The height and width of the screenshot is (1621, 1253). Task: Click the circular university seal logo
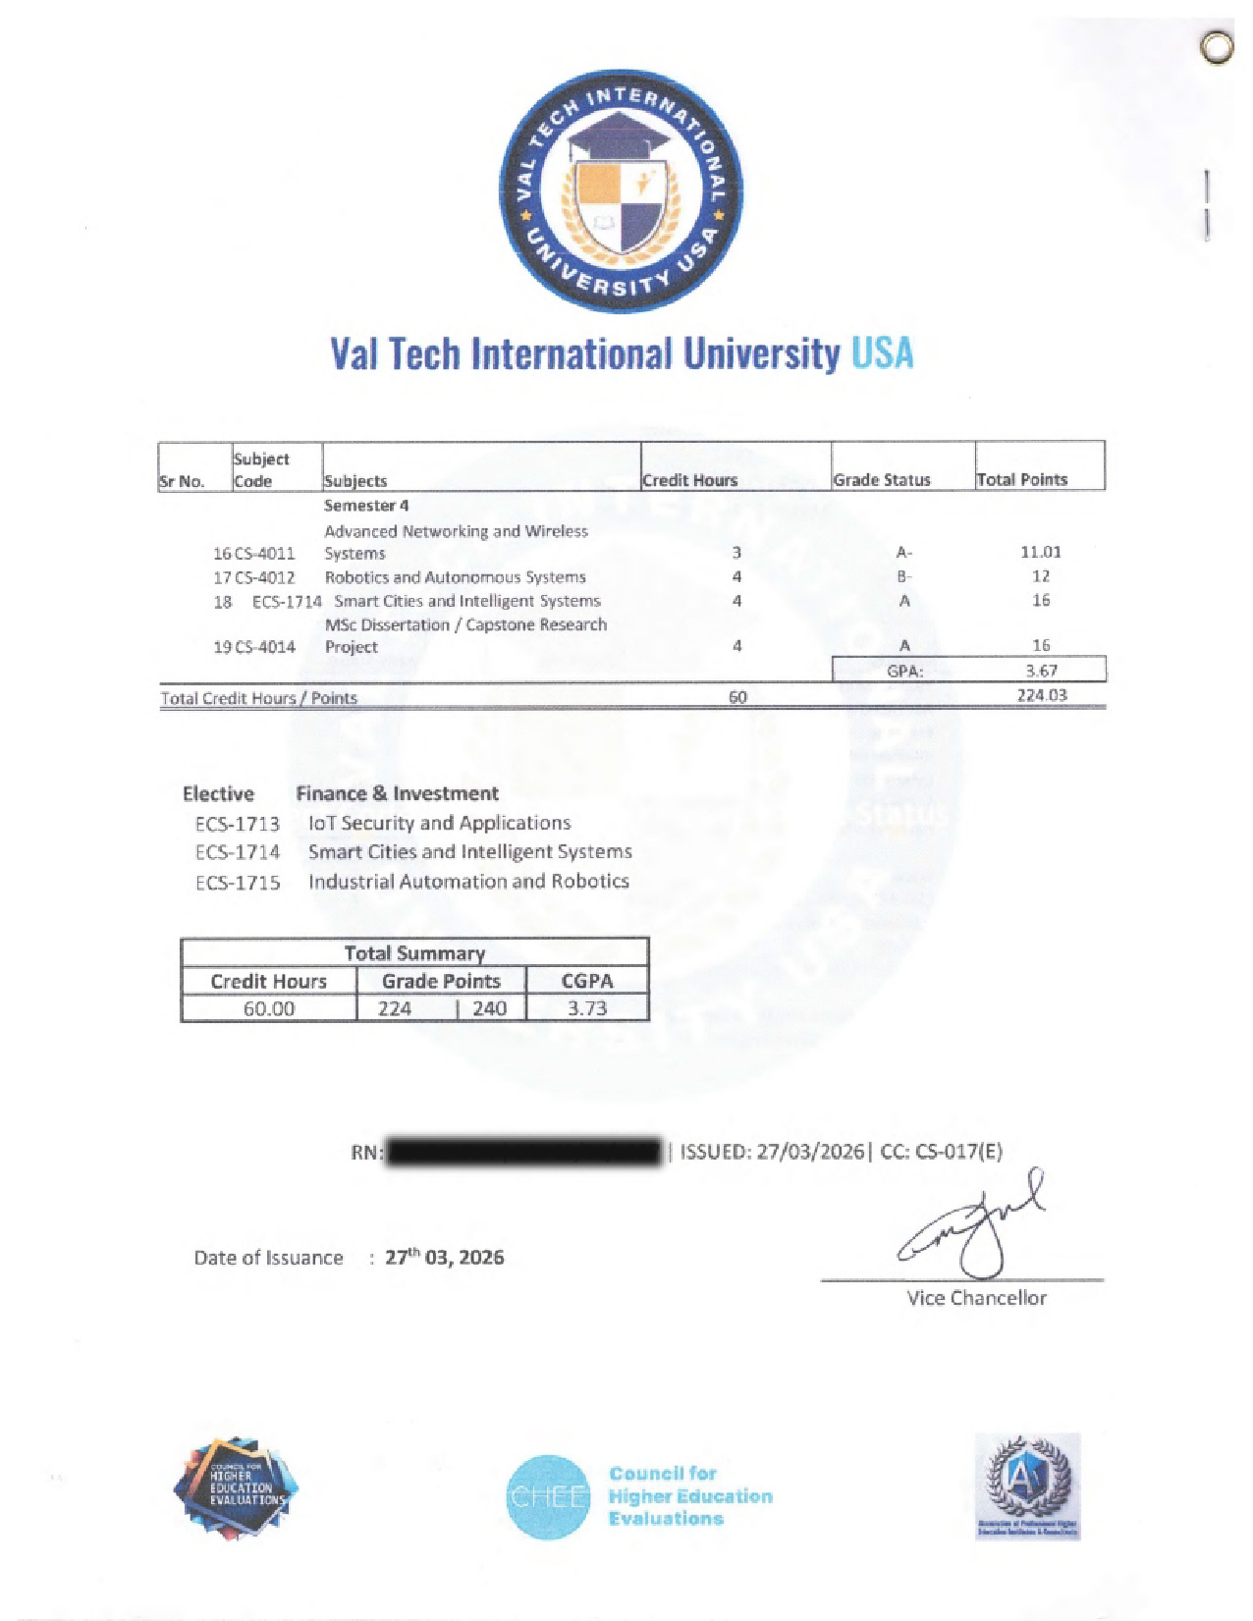[x=621, y=191]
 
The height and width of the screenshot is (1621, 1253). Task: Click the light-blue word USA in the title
[x=882, y=353]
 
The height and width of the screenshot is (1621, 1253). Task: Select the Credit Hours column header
[x=689, y=480]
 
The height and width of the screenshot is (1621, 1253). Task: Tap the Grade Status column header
[x=881, y=480]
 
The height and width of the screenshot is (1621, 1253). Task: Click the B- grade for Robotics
[x=903, y=577]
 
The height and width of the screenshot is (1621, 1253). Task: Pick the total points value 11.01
[x=1040, y=552]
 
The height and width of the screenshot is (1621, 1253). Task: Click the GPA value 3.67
[x=1041, y=672]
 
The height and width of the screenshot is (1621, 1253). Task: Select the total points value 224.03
[x=1041, y=695]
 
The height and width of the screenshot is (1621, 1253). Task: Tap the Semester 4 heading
[x=366, y=506]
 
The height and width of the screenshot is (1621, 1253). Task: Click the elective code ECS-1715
[x=238, y=883]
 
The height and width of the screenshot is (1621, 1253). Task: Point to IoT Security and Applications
[x=439, y=823]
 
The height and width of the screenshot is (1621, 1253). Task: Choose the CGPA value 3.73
[x=587, y=1008]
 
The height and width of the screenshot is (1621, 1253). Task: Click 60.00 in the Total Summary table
[x=268, y=1008]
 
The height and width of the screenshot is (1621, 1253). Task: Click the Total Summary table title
[x=414, y=952]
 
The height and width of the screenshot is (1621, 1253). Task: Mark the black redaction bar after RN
[x=524, y=1152]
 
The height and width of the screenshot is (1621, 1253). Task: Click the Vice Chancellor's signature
[x=972, y=1222]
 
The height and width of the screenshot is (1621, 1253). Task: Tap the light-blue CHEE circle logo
[x=548, y=1496]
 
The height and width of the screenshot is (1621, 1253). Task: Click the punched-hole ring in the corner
[x=1217, y=48]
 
